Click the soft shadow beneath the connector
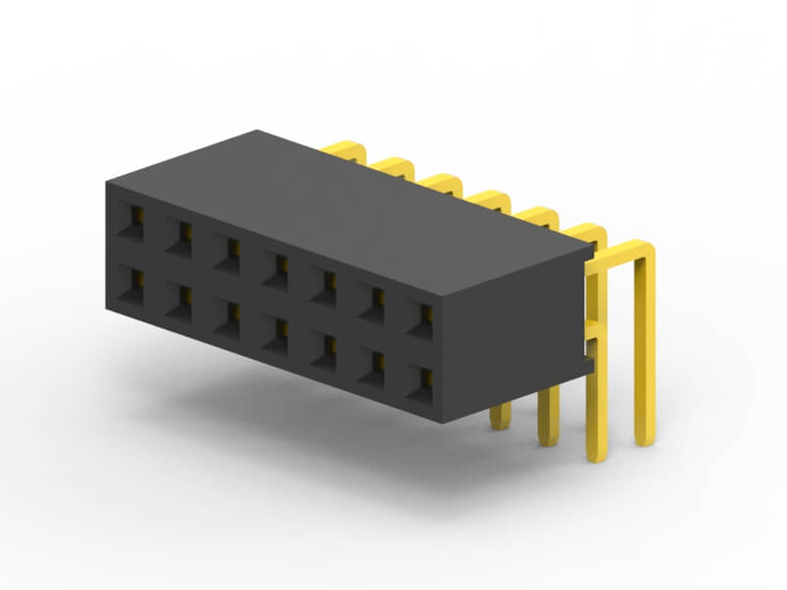click(295, 433)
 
